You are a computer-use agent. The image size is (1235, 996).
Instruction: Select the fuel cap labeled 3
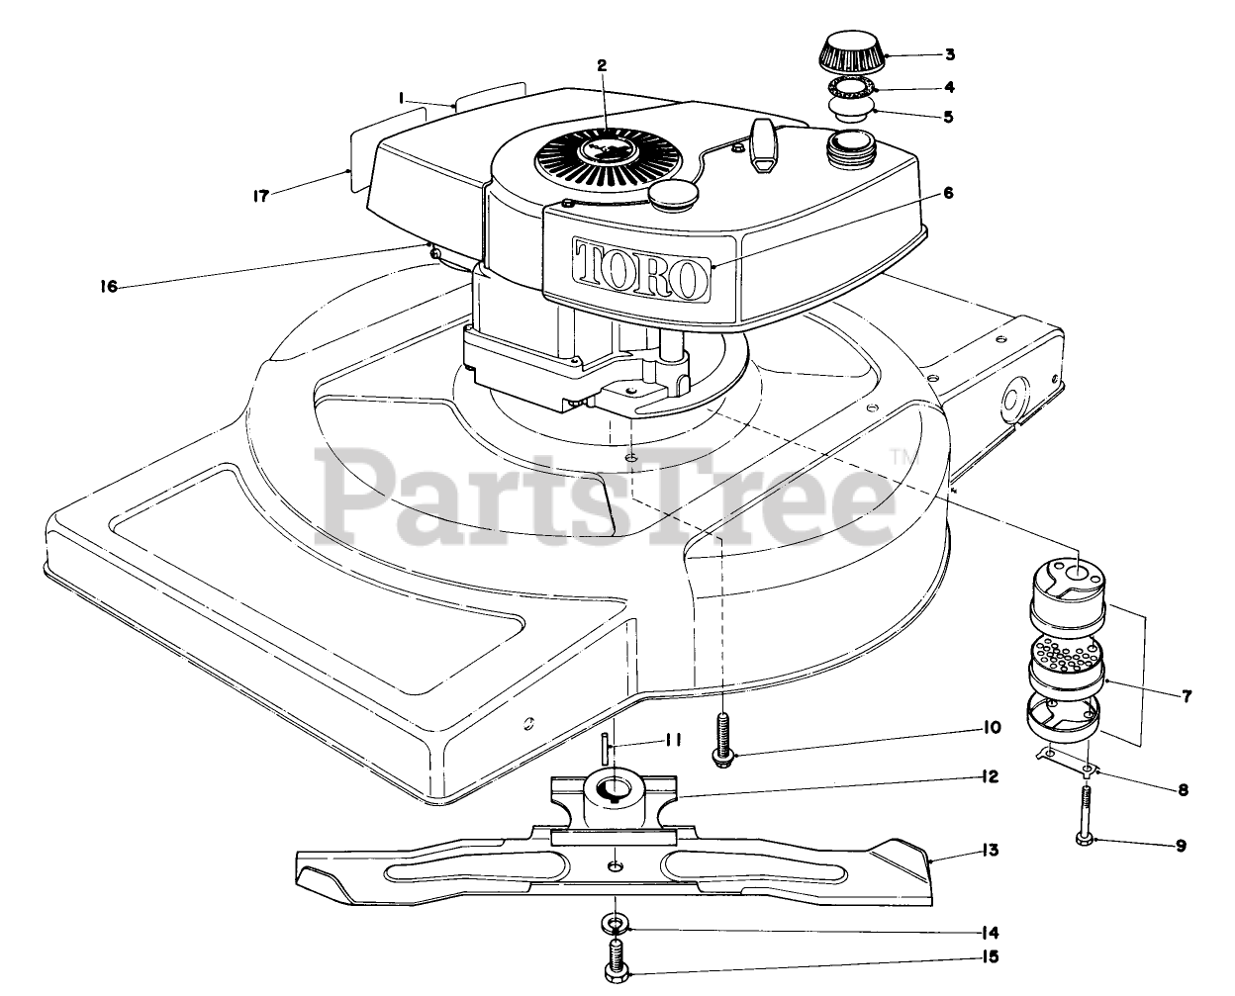(x=853, y=52)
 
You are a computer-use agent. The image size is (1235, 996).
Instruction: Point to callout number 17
(x=260, y=197)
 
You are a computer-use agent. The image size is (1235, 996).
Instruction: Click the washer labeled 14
(x=616, y=925)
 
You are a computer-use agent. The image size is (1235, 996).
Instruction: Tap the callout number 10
(x=992, y=728)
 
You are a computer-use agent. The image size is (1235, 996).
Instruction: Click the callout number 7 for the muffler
(x=1185, y=695)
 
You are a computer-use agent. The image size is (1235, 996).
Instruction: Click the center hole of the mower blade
(x=617, y=865)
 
